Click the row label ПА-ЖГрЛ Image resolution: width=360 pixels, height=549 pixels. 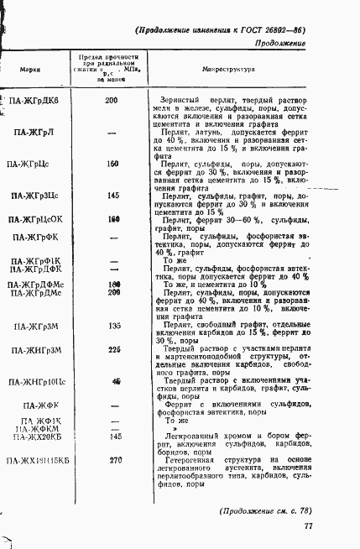click(35, 133)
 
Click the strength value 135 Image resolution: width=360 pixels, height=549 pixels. click(115, 325)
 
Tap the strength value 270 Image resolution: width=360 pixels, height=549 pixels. click(116, 459)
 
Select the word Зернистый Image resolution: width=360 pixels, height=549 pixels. click(182, 101)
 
